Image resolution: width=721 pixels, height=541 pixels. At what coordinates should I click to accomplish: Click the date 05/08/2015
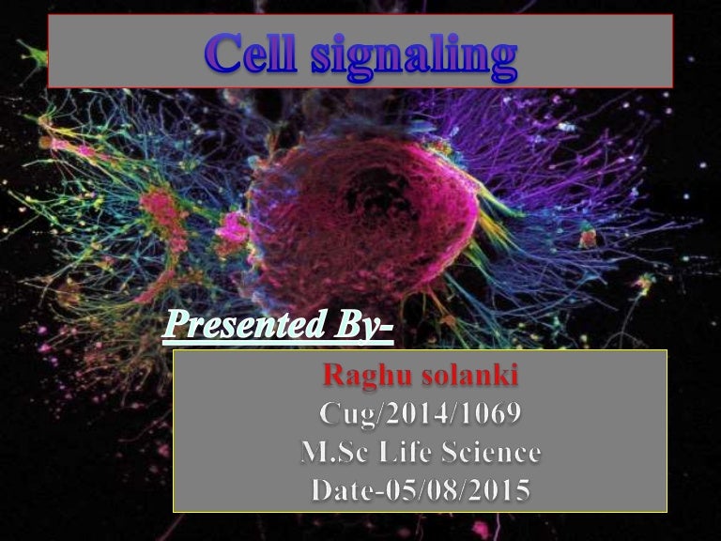tap(455, 490)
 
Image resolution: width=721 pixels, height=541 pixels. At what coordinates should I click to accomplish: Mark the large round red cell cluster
tap(361, 216)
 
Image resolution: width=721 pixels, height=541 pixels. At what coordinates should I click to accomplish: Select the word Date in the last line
tap(337, 490)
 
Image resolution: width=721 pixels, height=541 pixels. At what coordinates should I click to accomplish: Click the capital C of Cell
tap(224, 55)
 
